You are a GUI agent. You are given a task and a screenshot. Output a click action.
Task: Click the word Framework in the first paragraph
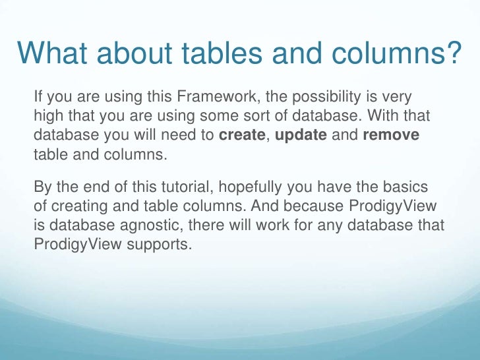click(x=214, y=98)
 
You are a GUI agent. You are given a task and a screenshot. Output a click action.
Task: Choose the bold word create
click(x=242, y=136)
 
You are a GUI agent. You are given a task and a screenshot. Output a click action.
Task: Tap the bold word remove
click(x=392, y=136)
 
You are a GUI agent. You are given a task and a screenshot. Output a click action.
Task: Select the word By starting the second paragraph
click(x=41, y=188)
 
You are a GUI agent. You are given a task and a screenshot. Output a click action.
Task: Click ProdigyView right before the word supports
click(x=75, y=245)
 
